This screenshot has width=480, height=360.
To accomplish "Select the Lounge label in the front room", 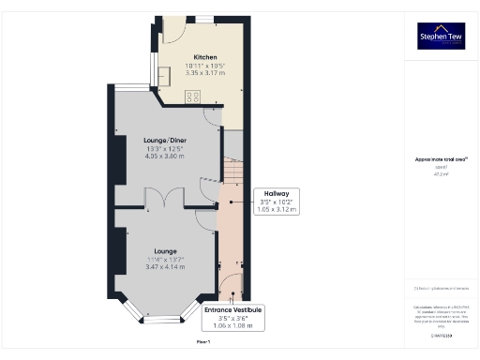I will point(165,251).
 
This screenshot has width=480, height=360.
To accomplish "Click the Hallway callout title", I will point(276,193).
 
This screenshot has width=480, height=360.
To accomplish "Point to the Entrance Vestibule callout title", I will point(232,309).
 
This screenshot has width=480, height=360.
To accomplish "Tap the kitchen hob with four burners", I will point(194,96).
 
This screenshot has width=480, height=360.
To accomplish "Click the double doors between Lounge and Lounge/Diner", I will point(156,198).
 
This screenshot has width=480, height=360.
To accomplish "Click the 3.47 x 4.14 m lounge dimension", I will point(165,267).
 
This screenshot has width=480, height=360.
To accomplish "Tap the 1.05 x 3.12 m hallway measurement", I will point(276,209).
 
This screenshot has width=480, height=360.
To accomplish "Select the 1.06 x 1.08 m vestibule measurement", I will point(232,325).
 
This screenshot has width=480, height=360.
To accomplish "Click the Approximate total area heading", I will point(441,159).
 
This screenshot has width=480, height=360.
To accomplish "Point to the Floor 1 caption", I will point(203,343).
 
